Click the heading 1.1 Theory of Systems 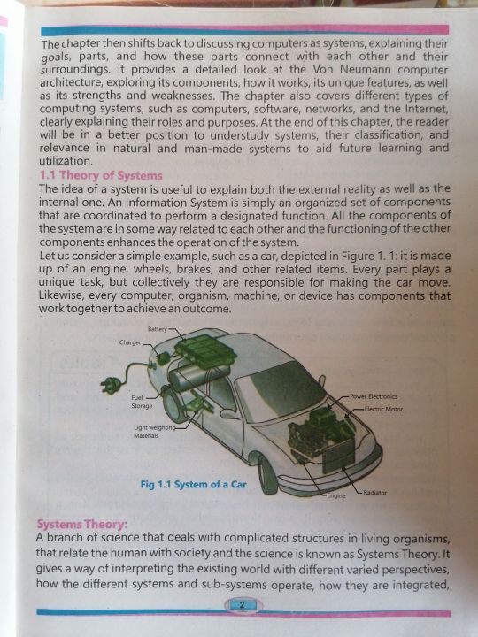pyautogui.click(x=101, y=175)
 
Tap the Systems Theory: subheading pyautogui.click(x=81, y=525)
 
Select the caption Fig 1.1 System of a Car pyautogui.click(x=194, y=485)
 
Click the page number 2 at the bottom pyautogui.click(x=243, y=606)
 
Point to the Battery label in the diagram pyautogui.click(x=157, y=329)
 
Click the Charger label pyautogui.click(x=129, y=342)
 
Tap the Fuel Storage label pyautogui.click(x=142, y=402)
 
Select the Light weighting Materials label pyautogui.click(x=154, y=432)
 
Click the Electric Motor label pyautogui.click(x=383, y=409)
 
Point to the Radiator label pyautogui.click(x=374, y=493)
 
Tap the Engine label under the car pyautogui.click(x=336, y=495)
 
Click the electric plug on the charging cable pyautogui.click(x=111, y=384)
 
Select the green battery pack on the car pyautogui.click(x=205, y=353)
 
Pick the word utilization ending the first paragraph pyautogui.click(x=66, y=161)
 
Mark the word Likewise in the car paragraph pyautogui.click(x=62, y=295)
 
